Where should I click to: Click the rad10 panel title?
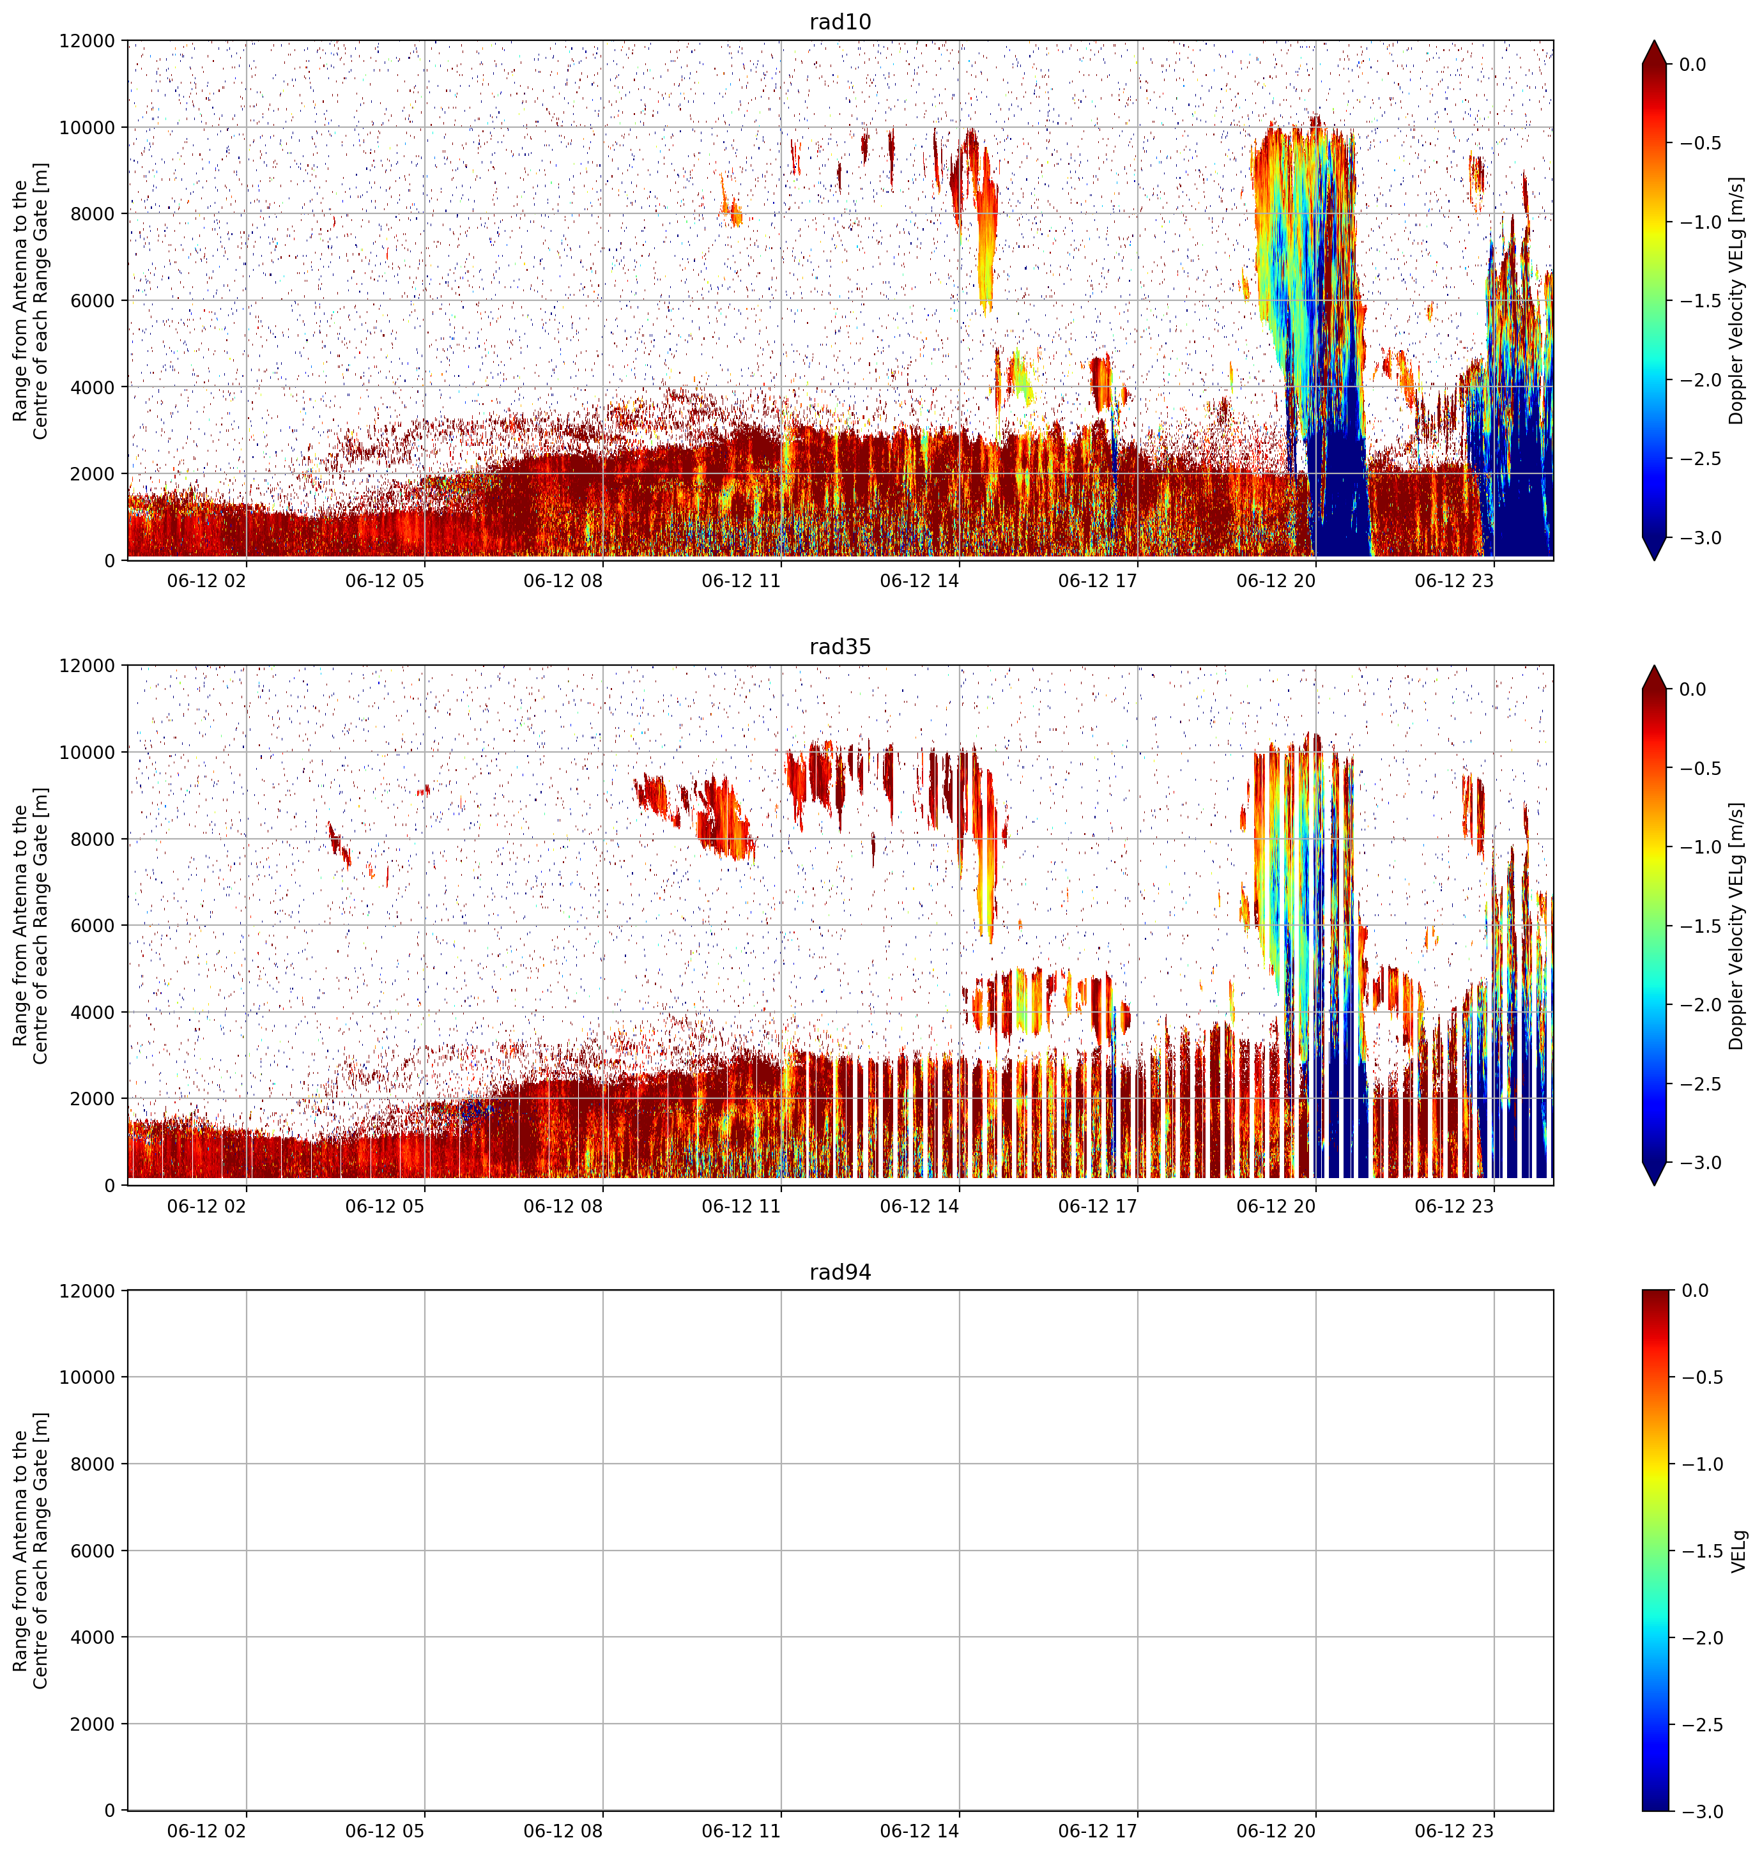click(x=839, y=22)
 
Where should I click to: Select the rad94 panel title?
click(x=839, y=1272)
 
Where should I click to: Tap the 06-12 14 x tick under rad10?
click(x=919, y=581)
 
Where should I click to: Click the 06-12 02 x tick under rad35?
click(x=206, y=1205)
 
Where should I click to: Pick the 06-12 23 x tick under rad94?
click(x=1454, y=1830)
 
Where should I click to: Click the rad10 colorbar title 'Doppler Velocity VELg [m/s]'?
click(x=1736, y=300)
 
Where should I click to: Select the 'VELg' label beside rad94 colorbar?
click(x=1738, y=1551)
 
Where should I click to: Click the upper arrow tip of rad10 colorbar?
click(x=1654, y=40)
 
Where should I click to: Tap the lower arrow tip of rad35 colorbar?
click(x=1654, y=1185)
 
